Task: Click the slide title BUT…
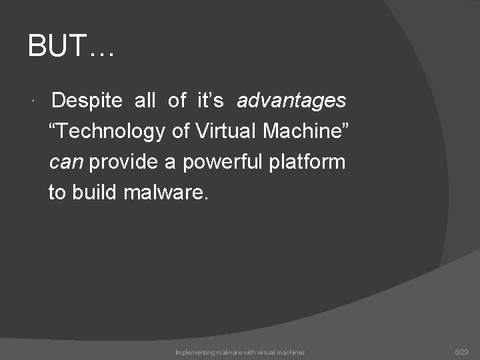(71, 47)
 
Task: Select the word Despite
(87, 101)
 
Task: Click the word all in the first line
(145, 101)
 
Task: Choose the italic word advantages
(291, 101)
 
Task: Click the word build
(94, 193)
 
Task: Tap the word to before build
(57, 193)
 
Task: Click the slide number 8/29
(461, 351)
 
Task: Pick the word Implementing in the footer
(193, 352)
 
